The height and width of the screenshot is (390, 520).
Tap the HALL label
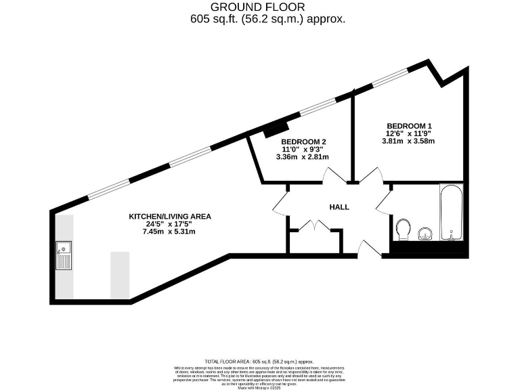pos(339,207)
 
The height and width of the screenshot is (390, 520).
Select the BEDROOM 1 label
pos(408,126)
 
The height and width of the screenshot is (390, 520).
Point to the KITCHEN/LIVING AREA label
pos(170,217)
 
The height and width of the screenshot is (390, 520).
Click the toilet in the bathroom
pos(404,229)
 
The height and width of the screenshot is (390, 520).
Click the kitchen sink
pos(64,255)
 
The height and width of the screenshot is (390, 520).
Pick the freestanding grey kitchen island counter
pos(120,274)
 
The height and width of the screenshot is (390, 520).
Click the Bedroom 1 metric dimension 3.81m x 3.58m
pos(408,142)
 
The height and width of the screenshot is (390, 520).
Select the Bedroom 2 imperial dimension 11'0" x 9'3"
pos(303,149)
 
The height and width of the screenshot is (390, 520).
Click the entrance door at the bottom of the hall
pos(368,248)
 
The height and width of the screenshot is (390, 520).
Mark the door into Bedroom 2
pos(333,177)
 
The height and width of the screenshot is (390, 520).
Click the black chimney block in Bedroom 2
pos(276,128)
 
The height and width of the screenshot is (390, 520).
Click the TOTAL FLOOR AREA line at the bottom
pos(260,362)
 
